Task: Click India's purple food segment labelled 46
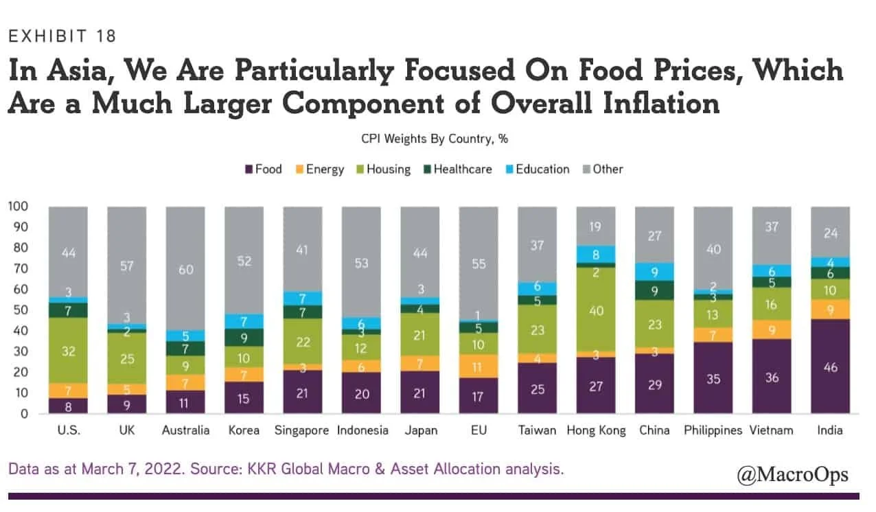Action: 831,366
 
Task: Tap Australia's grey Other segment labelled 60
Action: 185,269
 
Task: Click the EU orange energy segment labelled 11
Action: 479,366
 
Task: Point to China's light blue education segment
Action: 655,272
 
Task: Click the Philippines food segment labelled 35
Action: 713,378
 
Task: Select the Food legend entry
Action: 263,169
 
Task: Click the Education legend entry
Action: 536,169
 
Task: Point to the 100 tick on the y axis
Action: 19,207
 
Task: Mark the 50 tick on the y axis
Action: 21,310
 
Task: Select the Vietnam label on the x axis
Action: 772,431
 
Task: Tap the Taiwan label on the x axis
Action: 538,431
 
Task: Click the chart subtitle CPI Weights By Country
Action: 435,139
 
